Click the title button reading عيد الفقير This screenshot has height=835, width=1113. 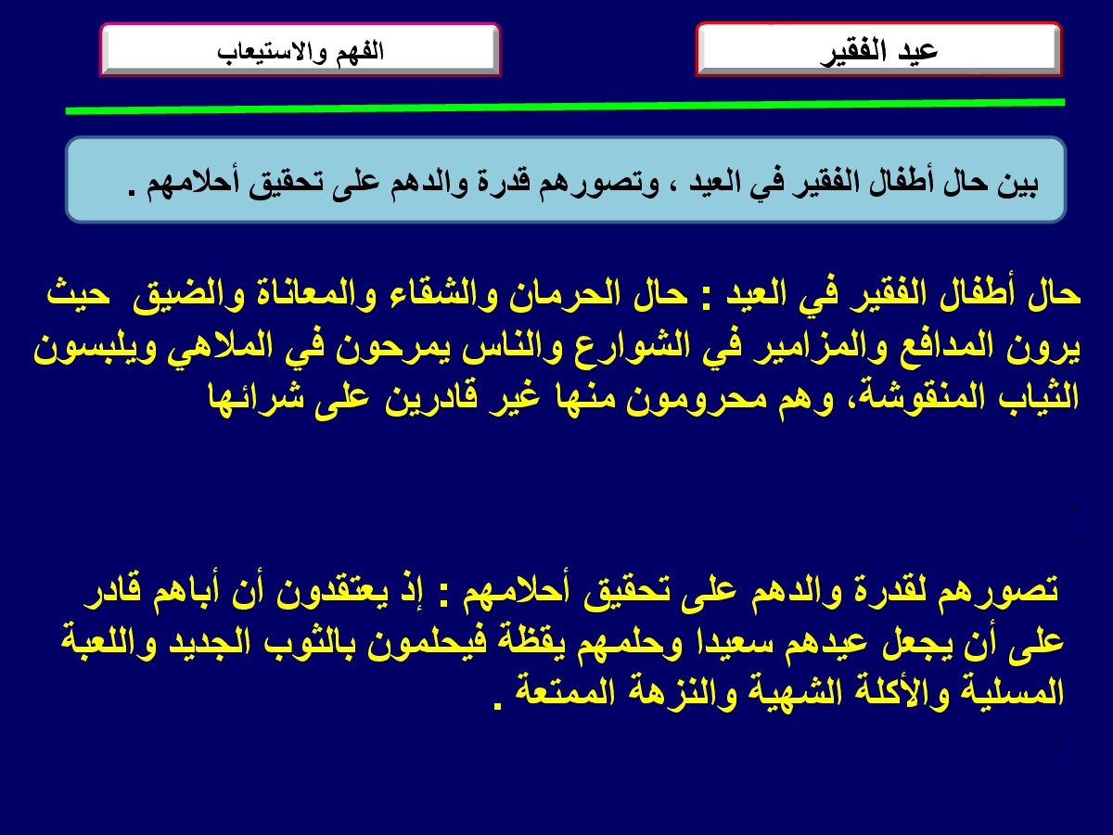pyautogui.click(x=878, y=50)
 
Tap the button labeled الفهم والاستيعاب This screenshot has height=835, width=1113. pyautogui.click(x=301, y=50)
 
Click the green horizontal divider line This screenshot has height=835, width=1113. pyautogui.click(x=565, y=107)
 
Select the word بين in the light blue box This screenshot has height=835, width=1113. pyautogui.click(x=1017, y=183)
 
